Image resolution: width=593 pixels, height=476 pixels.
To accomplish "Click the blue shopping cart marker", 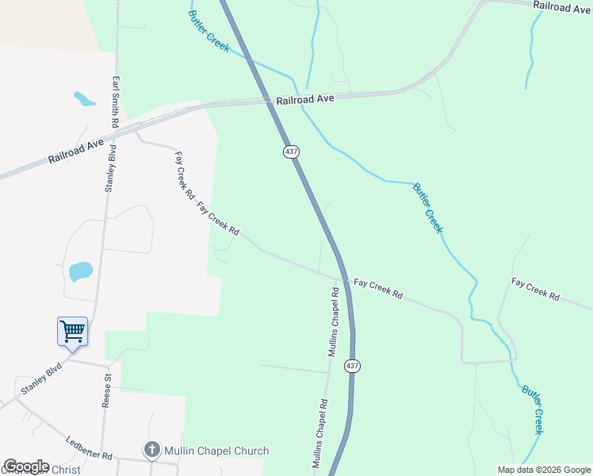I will (72, 331).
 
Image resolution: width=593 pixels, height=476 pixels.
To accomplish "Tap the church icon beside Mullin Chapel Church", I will (151, 450).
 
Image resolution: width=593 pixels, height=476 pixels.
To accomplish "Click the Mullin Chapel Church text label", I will (216, 451).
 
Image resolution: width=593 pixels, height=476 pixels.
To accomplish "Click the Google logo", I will (26, 466).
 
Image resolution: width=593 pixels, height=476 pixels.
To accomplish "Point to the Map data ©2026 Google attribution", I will (544, 470).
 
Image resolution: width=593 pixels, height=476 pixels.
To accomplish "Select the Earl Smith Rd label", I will (116, 103).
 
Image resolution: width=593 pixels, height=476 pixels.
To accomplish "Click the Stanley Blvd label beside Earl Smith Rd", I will (111, 168).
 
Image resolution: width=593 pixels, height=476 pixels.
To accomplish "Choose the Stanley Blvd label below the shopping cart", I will (41, 379).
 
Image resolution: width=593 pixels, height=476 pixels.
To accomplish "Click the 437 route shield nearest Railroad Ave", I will (290, 151).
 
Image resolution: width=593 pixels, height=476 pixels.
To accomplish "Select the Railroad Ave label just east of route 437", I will (306, 100).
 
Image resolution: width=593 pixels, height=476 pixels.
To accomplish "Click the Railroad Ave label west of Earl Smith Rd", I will (76, 148).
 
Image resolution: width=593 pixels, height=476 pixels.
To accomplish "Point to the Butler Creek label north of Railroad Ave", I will (209, 32).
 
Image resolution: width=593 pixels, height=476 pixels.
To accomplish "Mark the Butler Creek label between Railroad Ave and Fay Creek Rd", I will (427, 208).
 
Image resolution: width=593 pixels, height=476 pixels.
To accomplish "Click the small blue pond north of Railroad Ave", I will (84, 99).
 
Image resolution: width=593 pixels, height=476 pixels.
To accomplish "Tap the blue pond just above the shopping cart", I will (80, 271).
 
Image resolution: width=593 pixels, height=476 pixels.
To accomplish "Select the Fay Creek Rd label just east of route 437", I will (378, 289).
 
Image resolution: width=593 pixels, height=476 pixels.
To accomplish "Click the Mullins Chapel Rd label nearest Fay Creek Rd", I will (335, 321).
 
